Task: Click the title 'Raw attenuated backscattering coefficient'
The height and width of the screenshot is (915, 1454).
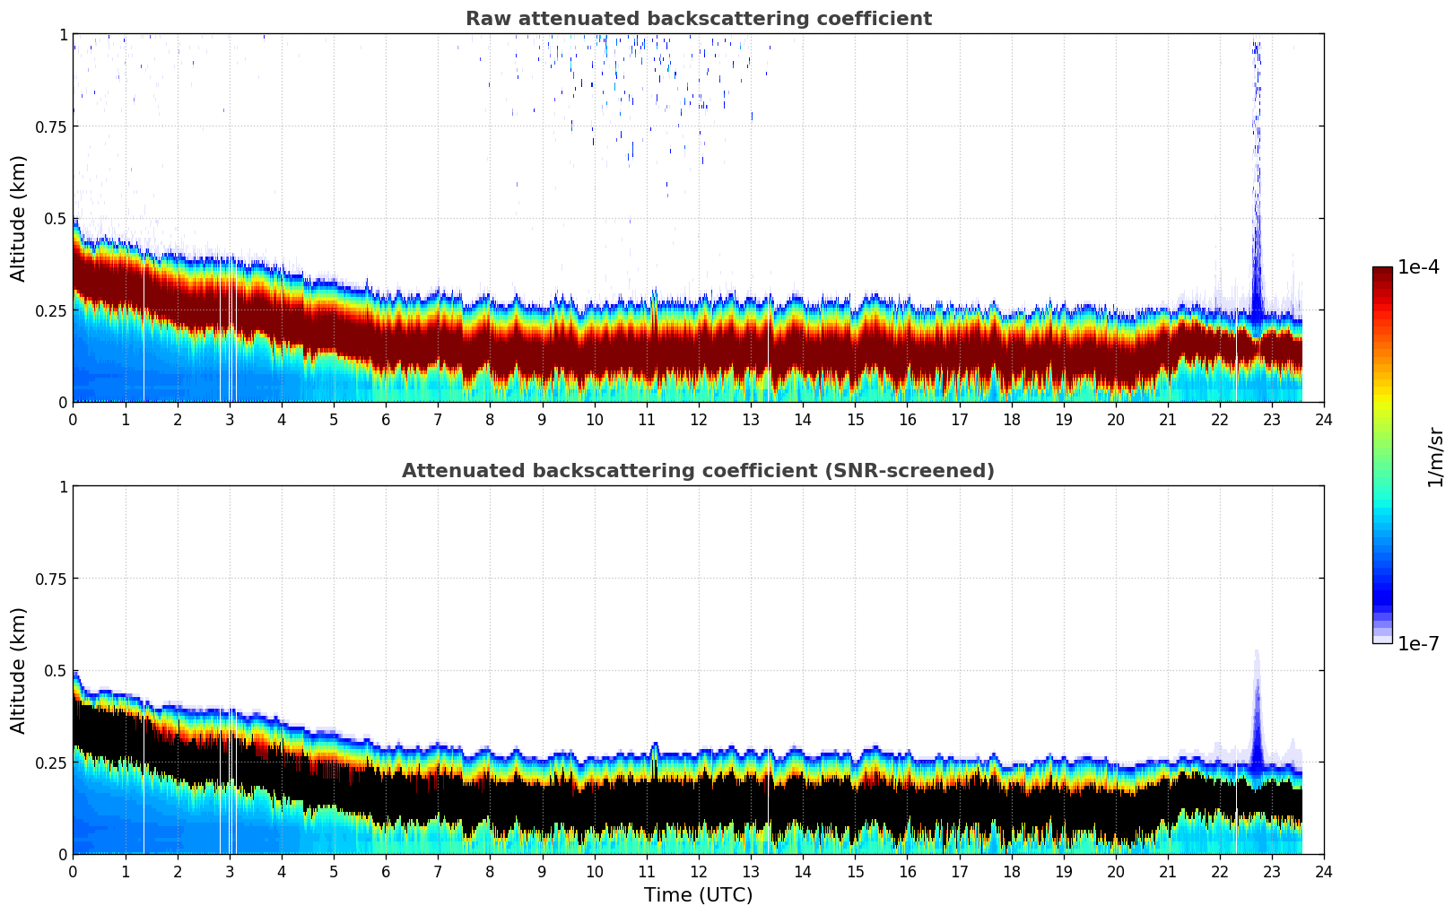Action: click(x=698, y=19)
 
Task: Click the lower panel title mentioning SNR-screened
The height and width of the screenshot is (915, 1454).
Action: click(x=698, y=471)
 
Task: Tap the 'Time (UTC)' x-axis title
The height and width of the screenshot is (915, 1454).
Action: click(x=698, y=895)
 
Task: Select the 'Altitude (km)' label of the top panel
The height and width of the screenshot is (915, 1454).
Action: click(x=19, y=218)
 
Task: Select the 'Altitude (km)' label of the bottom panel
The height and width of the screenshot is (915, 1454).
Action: click(x=19, y=670)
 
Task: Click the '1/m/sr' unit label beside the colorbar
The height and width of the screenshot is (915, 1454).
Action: click(x=1435, y=457)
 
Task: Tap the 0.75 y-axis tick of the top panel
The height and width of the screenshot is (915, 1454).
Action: click(x=51, y=126)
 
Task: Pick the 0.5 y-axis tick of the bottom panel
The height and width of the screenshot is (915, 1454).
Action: click(x=56, y=671)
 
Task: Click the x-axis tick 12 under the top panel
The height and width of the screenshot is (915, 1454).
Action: click(x=698, y=419)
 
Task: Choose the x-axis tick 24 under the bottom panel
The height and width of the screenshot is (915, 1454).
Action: click(x=1323, y=871)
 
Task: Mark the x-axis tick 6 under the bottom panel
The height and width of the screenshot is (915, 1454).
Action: click(x=386, y=871)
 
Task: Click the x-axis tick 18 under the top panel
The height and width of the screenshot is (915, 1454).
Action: click(x=1011, y=419)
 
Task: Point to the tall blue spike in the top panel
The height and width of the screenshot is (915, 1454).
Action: click(x=1257, y=179)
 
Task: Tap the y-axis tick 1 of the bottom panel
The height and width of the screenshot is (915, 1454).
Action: click(x=63, y=487)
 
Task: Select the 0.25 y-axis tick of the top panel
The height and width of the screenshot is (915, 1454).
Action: click(x=51, y=310)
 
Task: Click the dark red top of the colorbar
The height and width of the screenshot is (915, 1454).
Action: click(x=1381, y=273)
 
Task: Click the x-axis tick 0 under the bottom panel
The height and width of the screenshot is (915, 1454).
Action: click(x=73, y=871)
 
